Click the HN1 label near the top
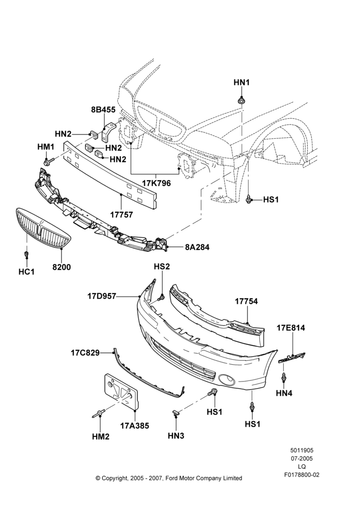(242, 83)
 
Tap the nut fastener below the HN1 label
(242, 100)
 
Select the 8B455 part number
(103, 110)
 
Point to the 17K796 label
(156, 183)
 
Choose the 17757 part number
(121, 214)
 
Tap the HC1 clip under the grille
(27, 255)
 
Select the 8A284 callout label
(197, 247)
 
